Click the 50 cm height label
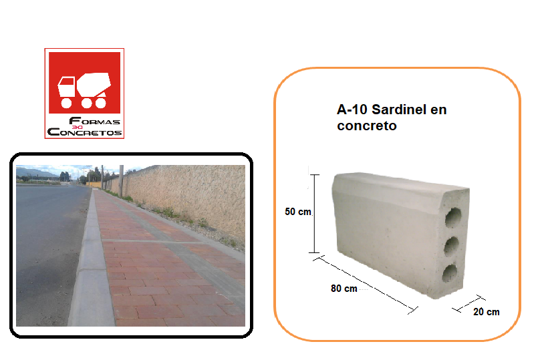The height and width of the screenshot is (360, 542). pos(298,212)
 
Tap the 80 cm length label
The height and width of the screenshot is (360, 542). pos(344,289)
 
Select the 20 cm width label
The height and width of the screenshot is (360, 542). pos(487,312)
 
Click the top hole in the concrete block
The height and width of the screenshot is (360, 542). pos(453,218)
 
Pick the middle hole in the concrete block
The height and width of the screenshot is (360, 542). pos(451,246)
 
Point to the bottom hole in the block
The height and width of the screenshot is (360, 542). pos(450,273)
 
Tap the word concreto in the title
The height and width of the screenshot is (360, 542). pos(367,126)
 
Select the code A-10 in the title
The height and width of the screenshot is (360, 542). pos(352,110)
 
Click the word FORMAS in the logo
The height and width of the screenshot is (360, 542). pos(95,121)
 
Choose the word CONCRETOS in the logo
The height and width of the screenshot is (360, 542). pos(84,132)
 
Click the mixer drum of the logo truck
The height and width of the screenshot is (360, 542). pos(94,84)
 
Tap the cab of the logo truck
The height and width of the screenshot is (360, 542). pos(66,86)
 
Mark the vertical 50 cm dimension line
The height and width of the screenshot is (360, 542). pos(314,214)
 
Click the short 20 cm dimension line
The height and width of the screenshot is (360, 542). pos(468,304)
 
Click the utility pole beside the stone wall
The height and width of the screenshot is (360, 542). pos(122,181)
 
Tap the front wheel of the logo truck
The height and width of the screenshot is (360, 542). pos(66,103)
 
